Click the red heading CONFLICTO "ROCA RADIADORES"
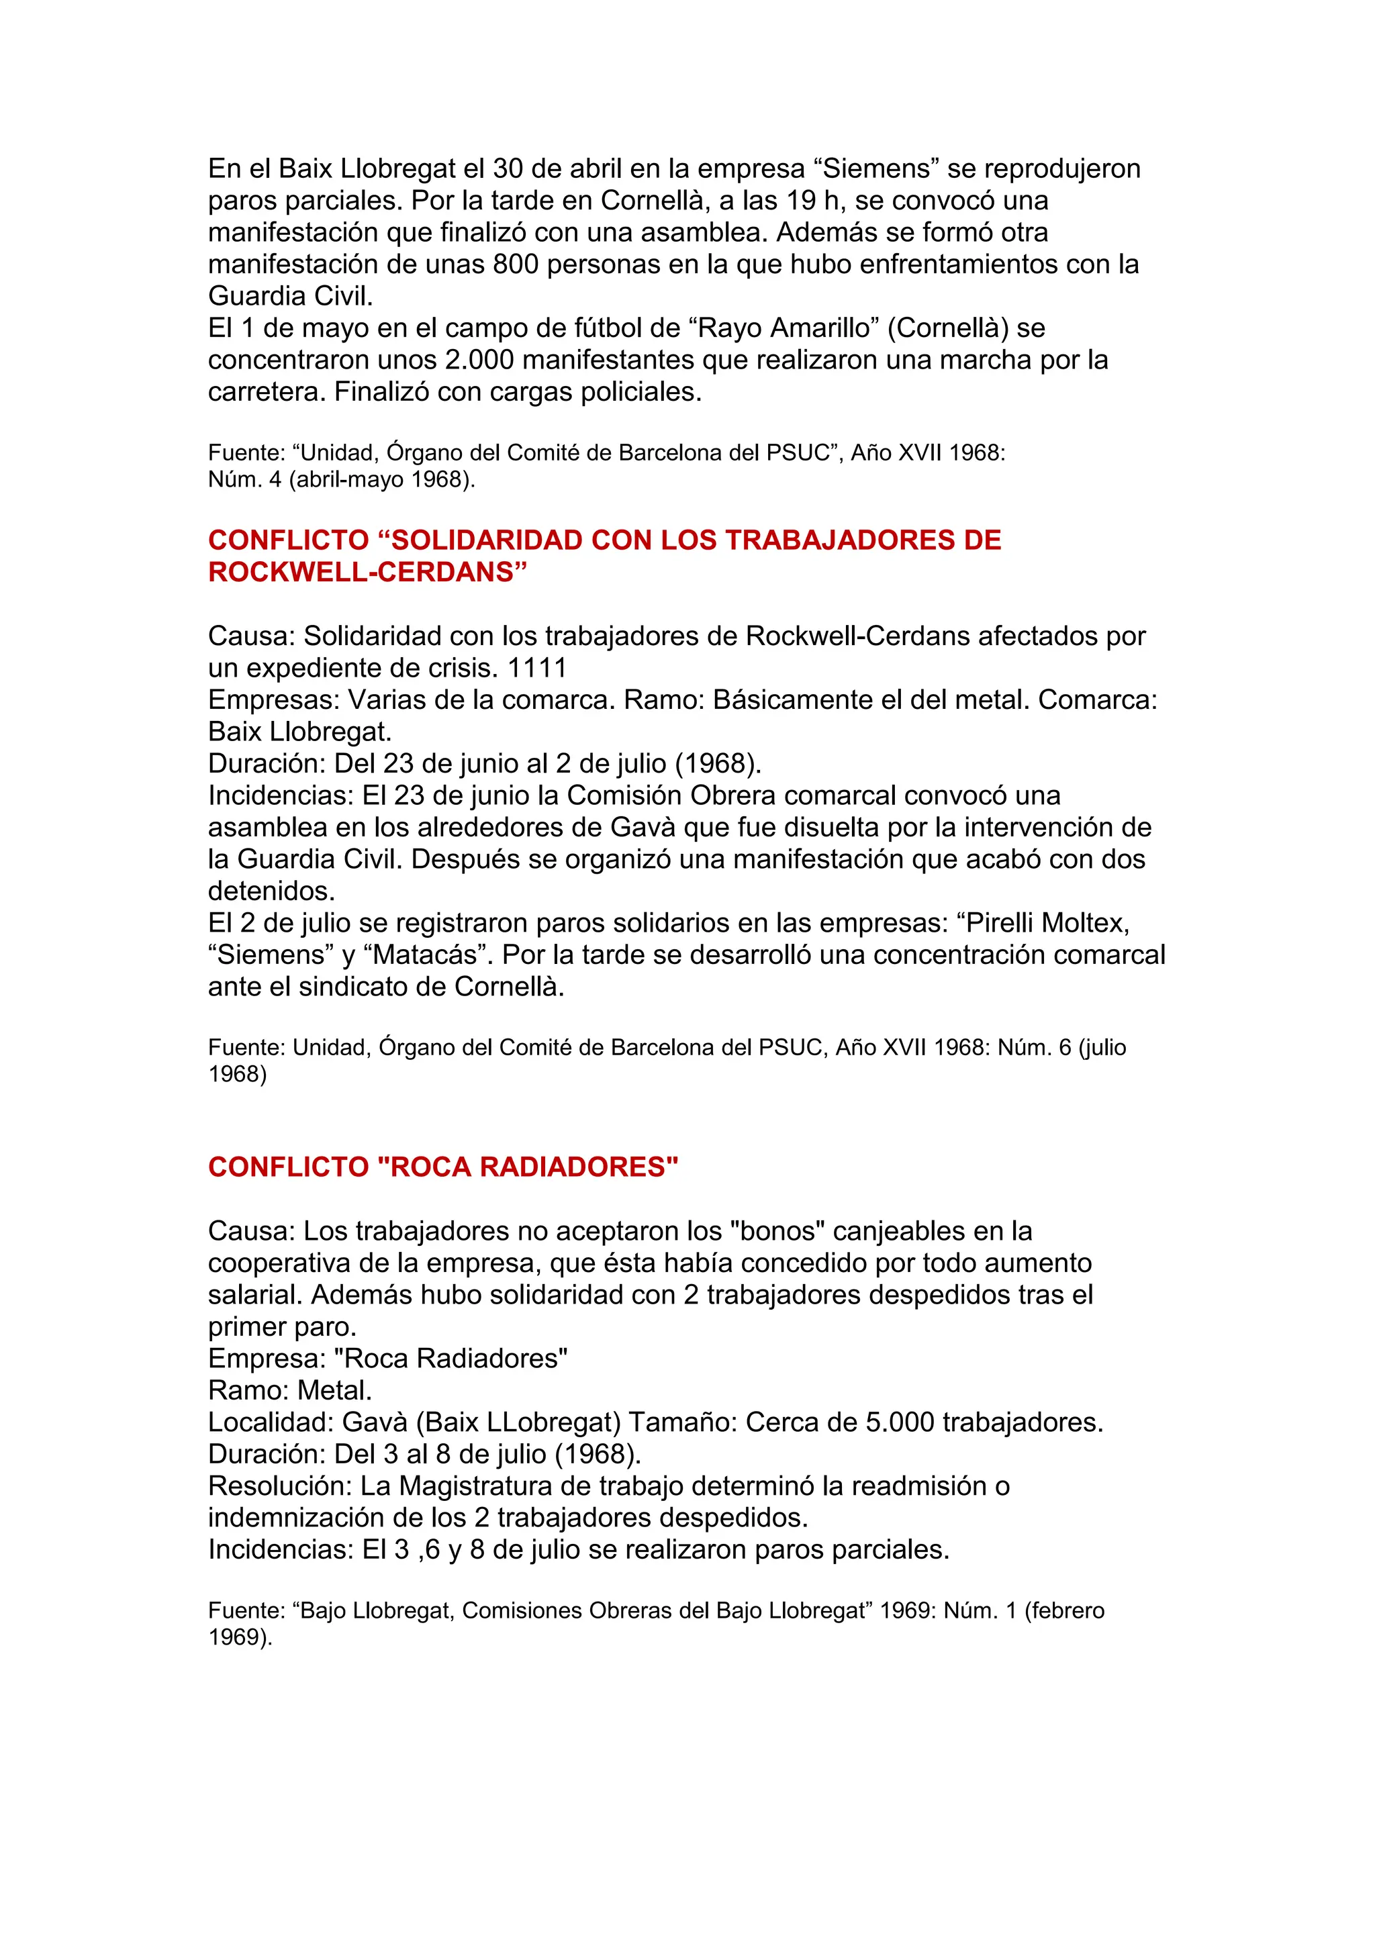pos(443,1167)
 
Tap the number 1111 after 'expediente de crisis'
pos(537,668)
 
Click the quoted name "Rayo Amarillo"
pos(782,328)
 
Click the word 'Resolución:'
pos(280,1486)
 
